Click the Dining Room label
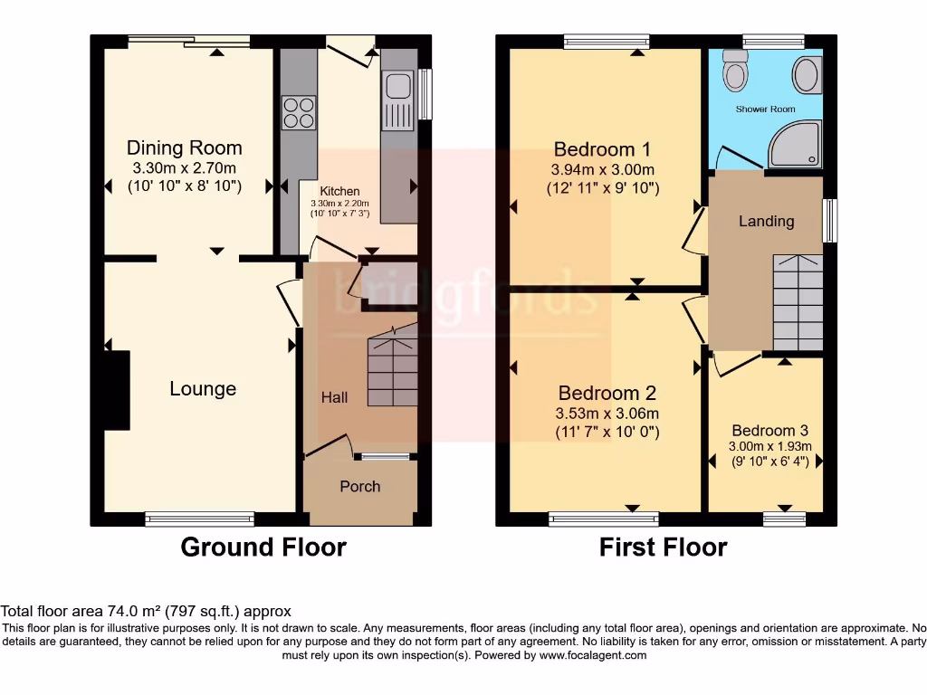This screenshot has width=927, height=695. tap(184, 148)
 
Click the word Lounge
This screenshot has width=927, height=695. tap(203, 388)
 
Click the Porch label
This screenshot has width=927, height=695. tap(359, 486)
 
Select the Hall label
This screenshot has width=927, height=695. tap(334, 397)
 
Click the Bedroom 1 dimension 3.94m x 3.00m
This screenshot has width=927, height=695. tap(602, 169)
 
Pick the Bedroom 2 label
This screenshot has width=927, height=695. tap(607, 393)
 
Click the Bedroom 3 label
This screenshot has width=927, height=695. tap(769, 431)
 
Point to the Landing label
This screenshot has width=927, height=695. tap(766, 221)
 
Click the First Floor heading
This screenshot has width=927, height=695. tap(663, 547)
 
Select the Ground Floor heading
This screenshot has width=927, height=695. tap(263, 547)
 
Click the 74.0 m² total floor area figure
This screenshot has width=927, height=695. tap(130, 612)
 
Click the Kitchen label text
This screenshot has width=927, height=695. tap(339, 191)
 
